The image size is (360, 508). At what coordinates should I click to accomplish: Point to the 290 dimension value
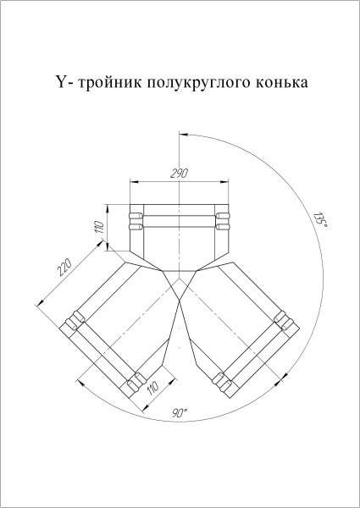coord(179,173)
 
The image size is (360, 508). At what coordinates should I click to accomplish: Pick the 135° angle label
coord(318,219)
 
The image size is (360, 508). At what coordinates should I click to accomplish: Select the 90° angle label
coord(179,413)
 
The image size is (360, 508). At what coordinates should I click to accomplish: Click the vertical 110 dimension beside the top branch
coord(99,227)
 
